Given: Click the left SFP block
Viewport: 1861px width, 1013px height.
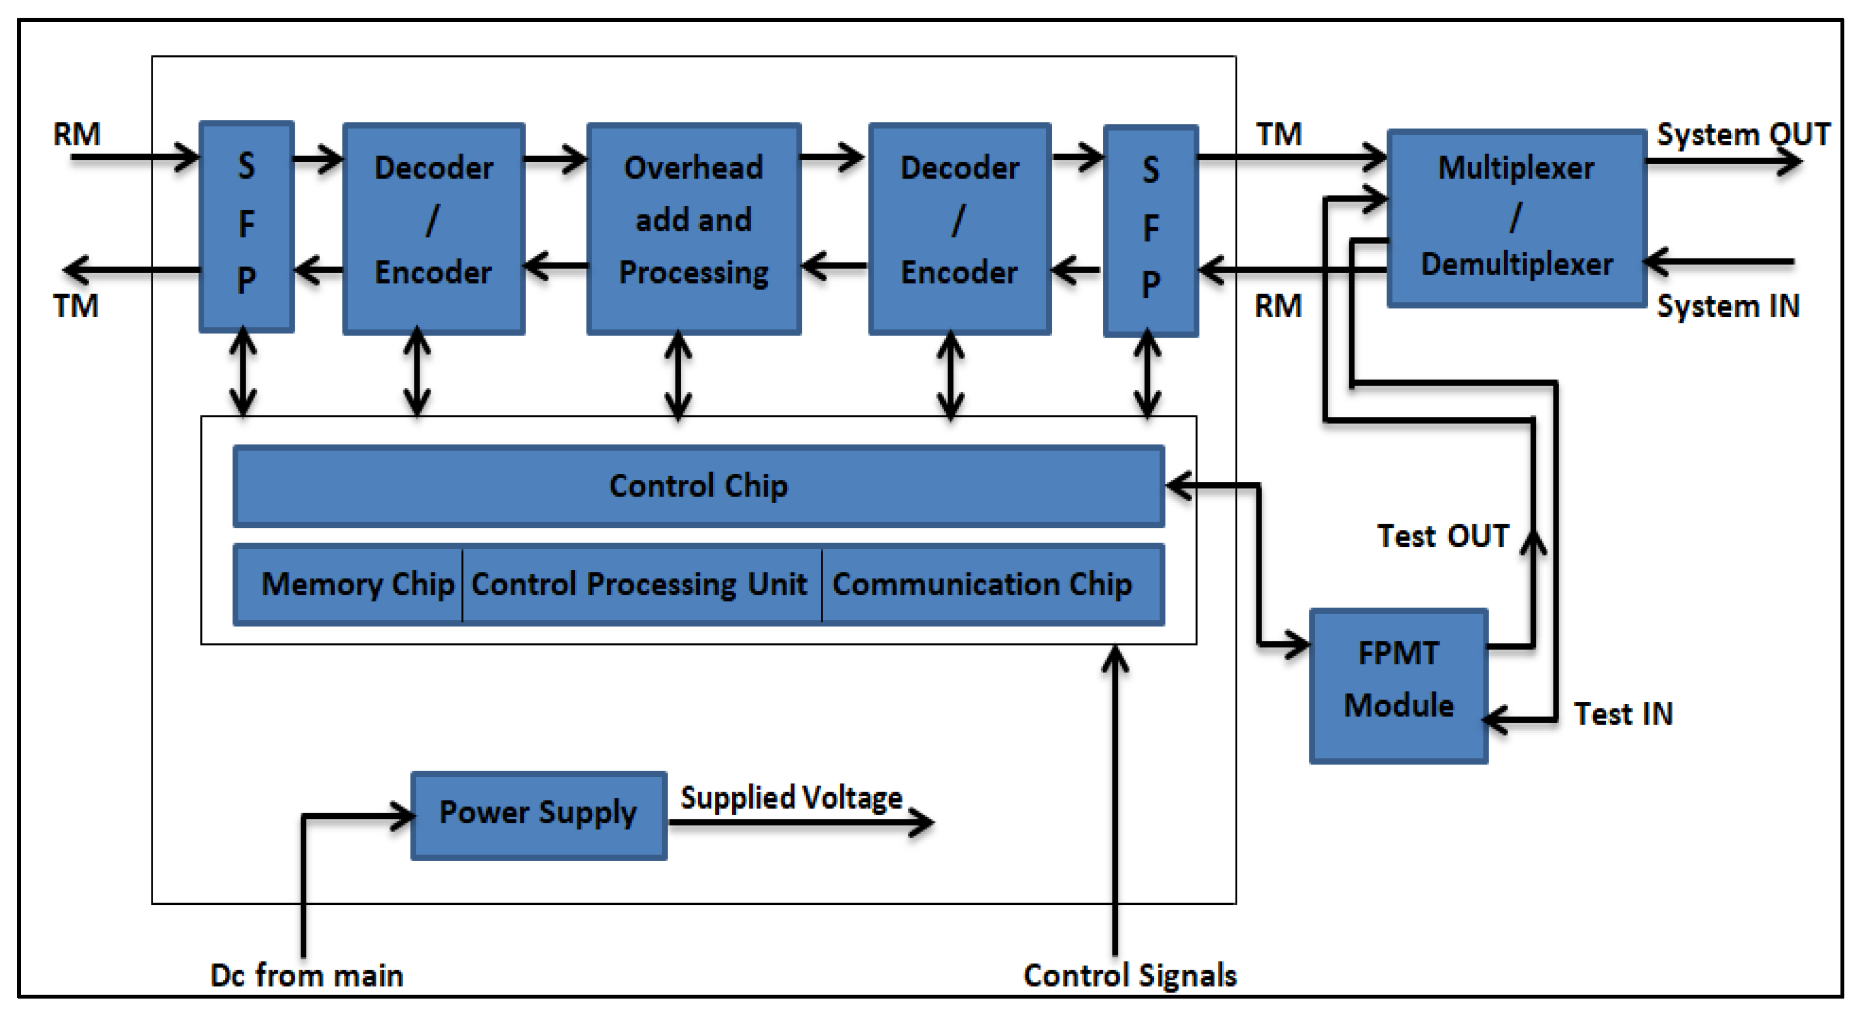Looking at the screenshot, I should [246, 226].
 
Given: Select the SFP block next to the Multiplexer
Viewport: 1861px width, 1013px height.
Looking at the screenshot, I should [1151, 230].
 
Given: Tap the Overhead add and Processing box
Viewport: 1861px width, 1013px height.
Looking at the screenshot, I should [694, 227].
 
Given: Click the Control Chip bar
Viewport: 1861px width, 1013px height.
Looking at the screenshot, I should [698, 485].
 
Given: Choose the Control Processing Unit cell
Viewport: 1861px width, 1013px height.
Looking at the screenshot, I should [640, 584].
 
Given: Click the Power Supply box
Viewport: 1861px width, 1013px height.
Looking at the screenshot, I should [538, 814].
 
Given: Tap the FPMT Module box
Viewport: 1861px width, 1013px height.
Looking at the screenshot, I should [1398, 685].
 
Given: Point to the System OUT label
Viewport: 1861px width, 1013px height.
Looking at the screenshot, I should [1743, 134].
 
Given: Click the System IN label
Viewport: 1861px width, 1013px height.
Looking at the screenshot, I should [1727, 306].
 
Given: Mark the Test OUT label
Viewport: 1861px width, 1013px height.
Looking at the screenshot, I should [1443, 536].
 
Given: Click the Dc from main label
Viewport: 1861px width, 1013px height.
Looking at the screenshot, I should [306, 975].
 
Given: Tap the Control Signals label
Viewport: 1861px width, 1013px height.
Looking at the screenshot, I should [1130, 975].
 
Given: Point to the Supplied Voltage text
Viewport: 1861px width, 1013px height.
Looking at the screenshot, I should [791, 798].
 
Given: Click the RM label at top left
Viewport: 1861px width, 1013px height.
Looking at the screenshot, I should [77, 134].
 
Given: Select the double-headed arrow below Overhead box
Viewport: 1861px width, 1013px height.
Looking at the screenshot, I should [678, 376].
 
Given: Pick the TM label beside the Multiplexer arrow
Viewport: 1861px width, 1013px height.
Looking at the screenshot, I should [1279, 134].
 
